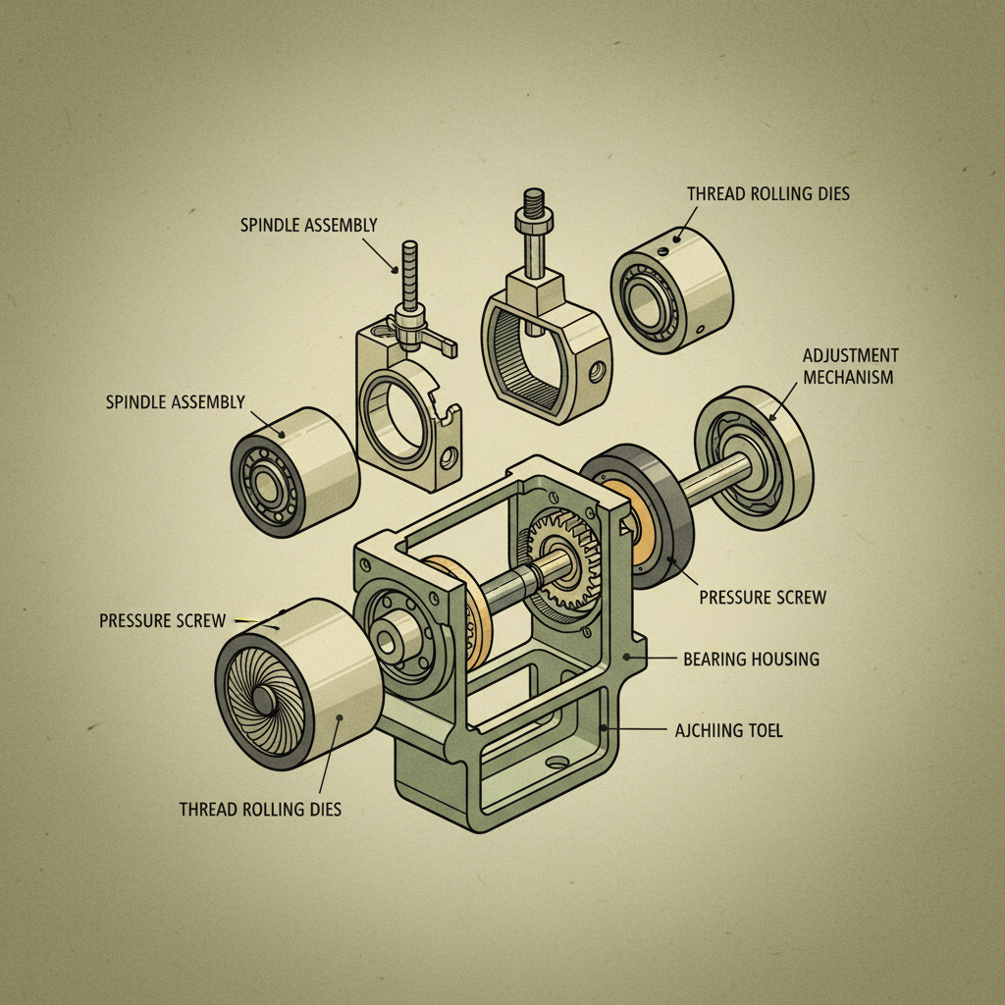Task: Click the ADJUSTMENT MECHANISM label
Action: (850, 365)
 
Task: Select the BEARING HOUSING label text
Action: (751, 659)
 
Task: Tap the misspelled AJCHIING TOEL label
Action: (729, 731)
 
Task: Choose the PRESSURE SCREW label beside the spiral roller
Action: (162, 620)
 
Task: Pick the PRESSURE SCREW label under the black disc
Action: (763, 597)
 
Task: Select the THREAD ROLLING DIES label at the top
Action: (768, 193)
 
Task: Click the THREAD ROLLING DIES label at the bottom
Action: (260, 810)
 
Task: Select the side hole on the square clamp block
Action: (595, 374)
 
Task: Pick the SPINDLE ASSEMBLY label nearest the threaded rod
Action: (308, 225)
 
